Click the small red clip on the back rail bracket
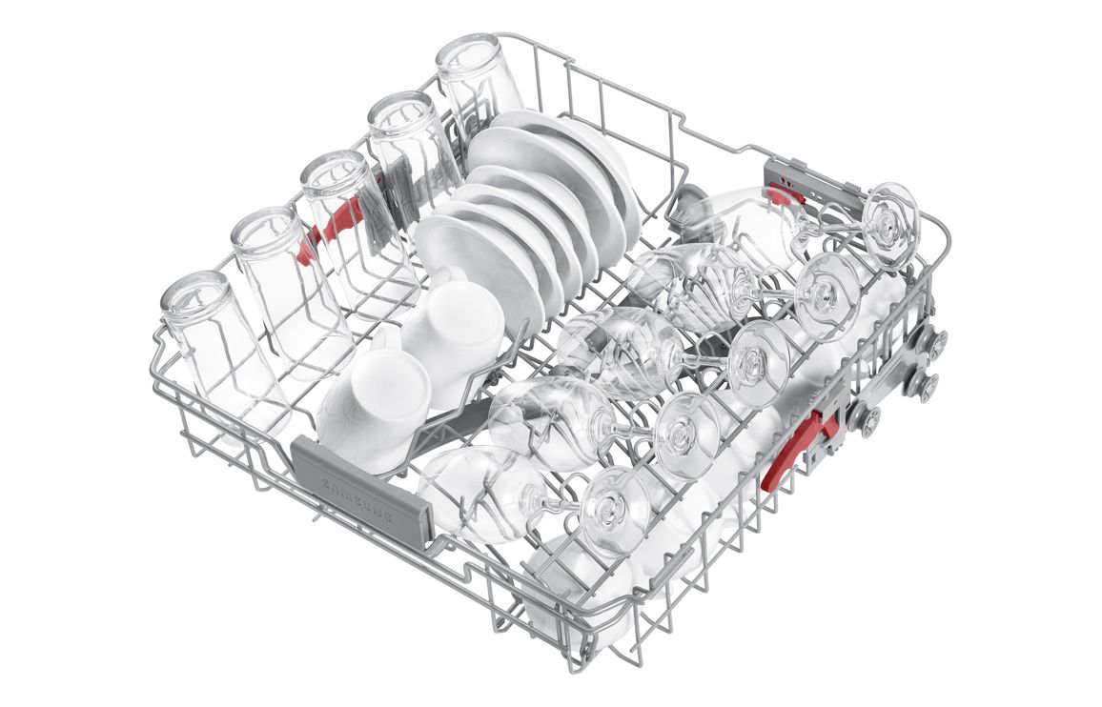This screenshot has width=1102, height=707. coord(786,194)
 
